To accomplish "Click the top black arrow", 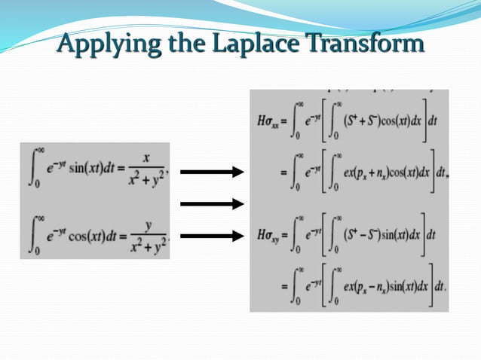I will coord(212,172).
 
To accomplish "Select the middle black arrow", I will coord(212,203).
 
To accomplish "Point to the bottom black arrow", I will coord(212,236).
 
